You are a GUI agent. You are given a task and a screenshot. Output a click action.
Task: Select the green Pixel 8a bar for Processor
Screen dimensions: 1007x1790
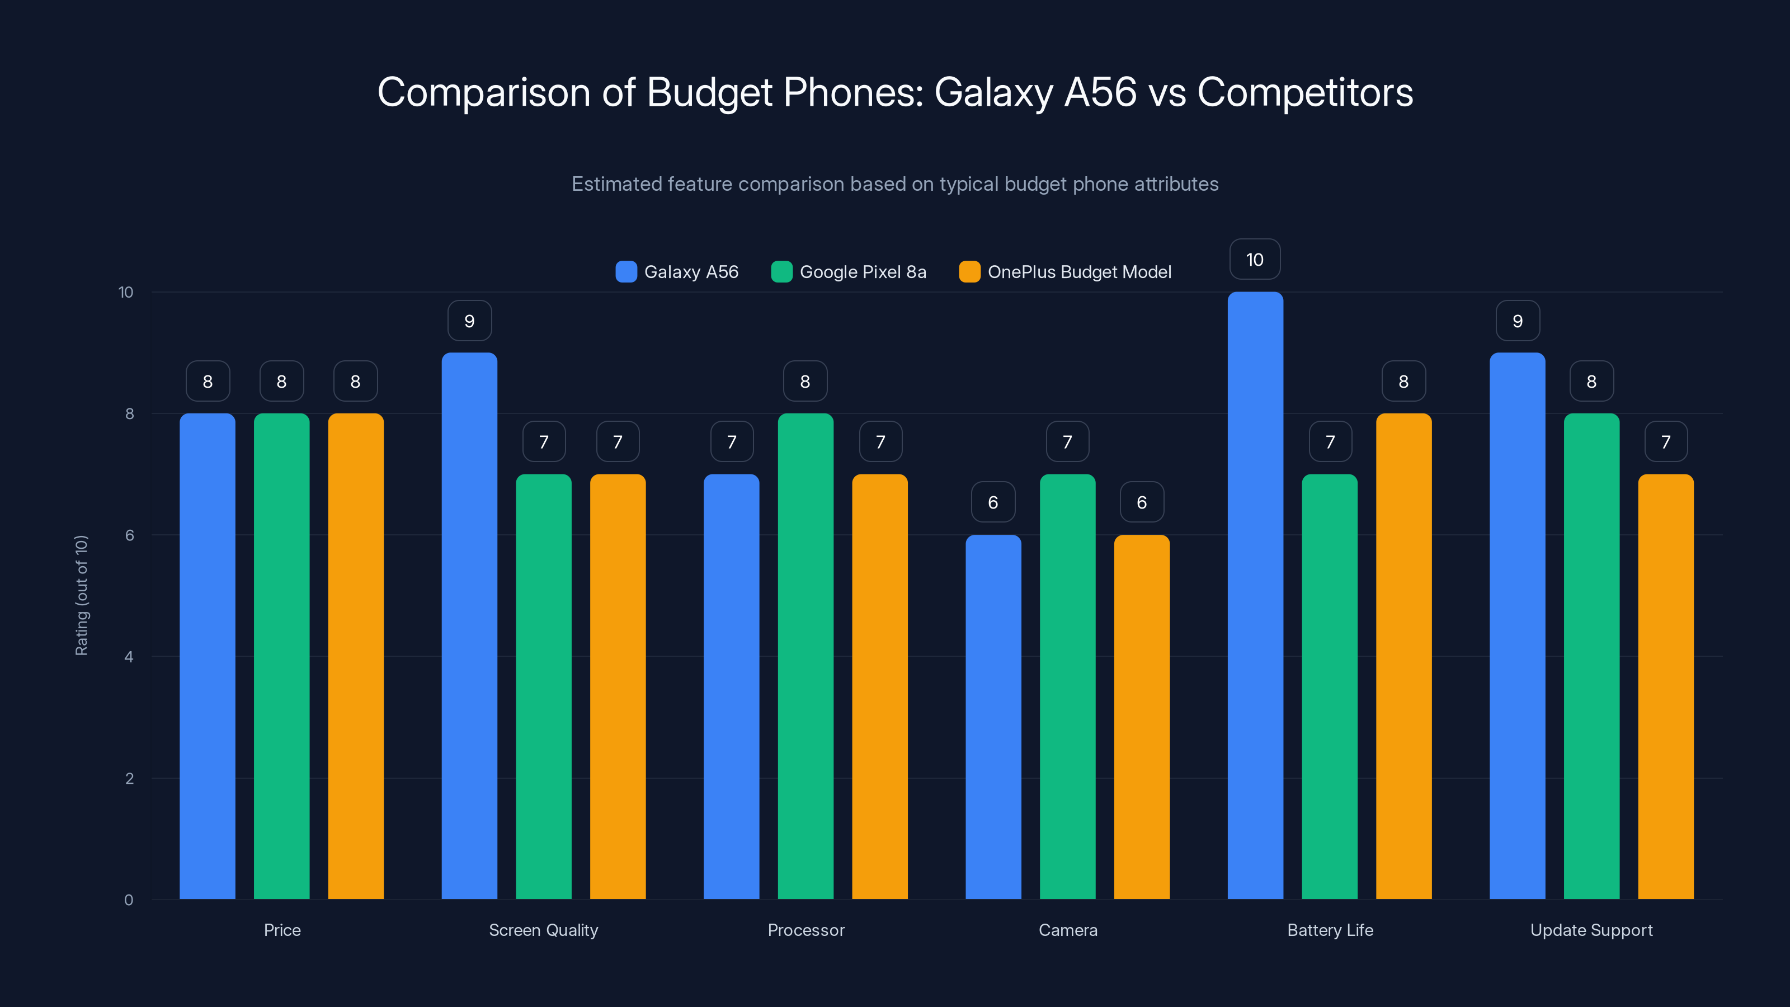click(805, 656)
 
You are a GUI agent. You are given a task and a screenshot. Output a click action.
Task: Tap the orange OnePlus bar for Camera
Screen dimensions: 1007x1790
click(1142, 717)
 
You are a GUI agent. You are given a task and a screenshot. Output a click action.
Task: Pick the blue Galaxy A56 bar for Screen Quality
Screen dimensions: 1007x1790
click(469, 625)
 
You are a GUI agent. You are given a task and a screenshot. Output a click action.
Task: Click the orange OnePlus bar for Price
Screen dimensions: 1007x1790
click(356, 656)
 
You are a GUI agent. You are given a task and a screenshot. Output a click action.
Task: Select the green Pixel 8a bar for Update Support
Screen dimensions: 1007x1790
click(1591, 656)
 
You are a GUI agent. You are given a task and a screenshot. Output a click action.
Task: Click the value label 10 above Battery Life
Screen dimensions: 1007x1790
click(1255, 260)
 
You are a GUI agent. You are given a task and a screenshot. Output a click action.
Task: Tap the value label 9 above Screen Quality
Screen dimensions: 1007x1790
click(469, 321)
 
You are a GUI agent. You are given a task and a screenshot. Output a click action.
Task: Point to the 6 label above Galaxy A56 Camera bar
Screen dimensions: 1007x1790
click(993, 502)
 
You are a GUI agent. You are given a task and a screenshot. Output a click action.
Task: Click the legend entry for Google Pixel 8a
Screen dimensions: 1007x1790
click(849, 272)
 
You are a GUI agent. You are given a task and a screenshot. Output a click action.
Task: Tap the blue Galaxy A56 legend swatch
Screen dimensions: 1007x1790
click(626, 272)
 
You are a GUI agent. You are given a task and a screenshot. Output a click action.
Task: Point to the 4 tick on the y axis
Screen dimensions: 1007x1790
click(129, 657)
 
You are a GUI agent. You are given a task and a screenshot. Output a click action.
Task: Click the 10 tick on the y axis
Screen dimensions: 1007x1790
click(126, 292)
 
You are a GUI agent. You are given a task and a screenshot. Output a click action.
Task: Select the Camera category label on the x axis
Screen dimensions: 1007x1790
click(1068, 930)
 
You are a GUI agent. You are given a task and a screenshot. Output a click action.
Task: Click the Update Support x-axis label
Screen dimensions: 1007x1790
click(1591, 930)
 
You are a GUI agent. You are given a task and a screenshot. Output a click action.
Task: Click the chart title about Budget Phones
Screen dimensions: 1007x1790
click(895, 92)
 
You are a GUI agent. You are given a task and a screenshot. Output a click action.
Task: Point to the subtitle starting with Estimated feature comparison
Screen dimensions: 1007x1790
click(895, 183)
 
